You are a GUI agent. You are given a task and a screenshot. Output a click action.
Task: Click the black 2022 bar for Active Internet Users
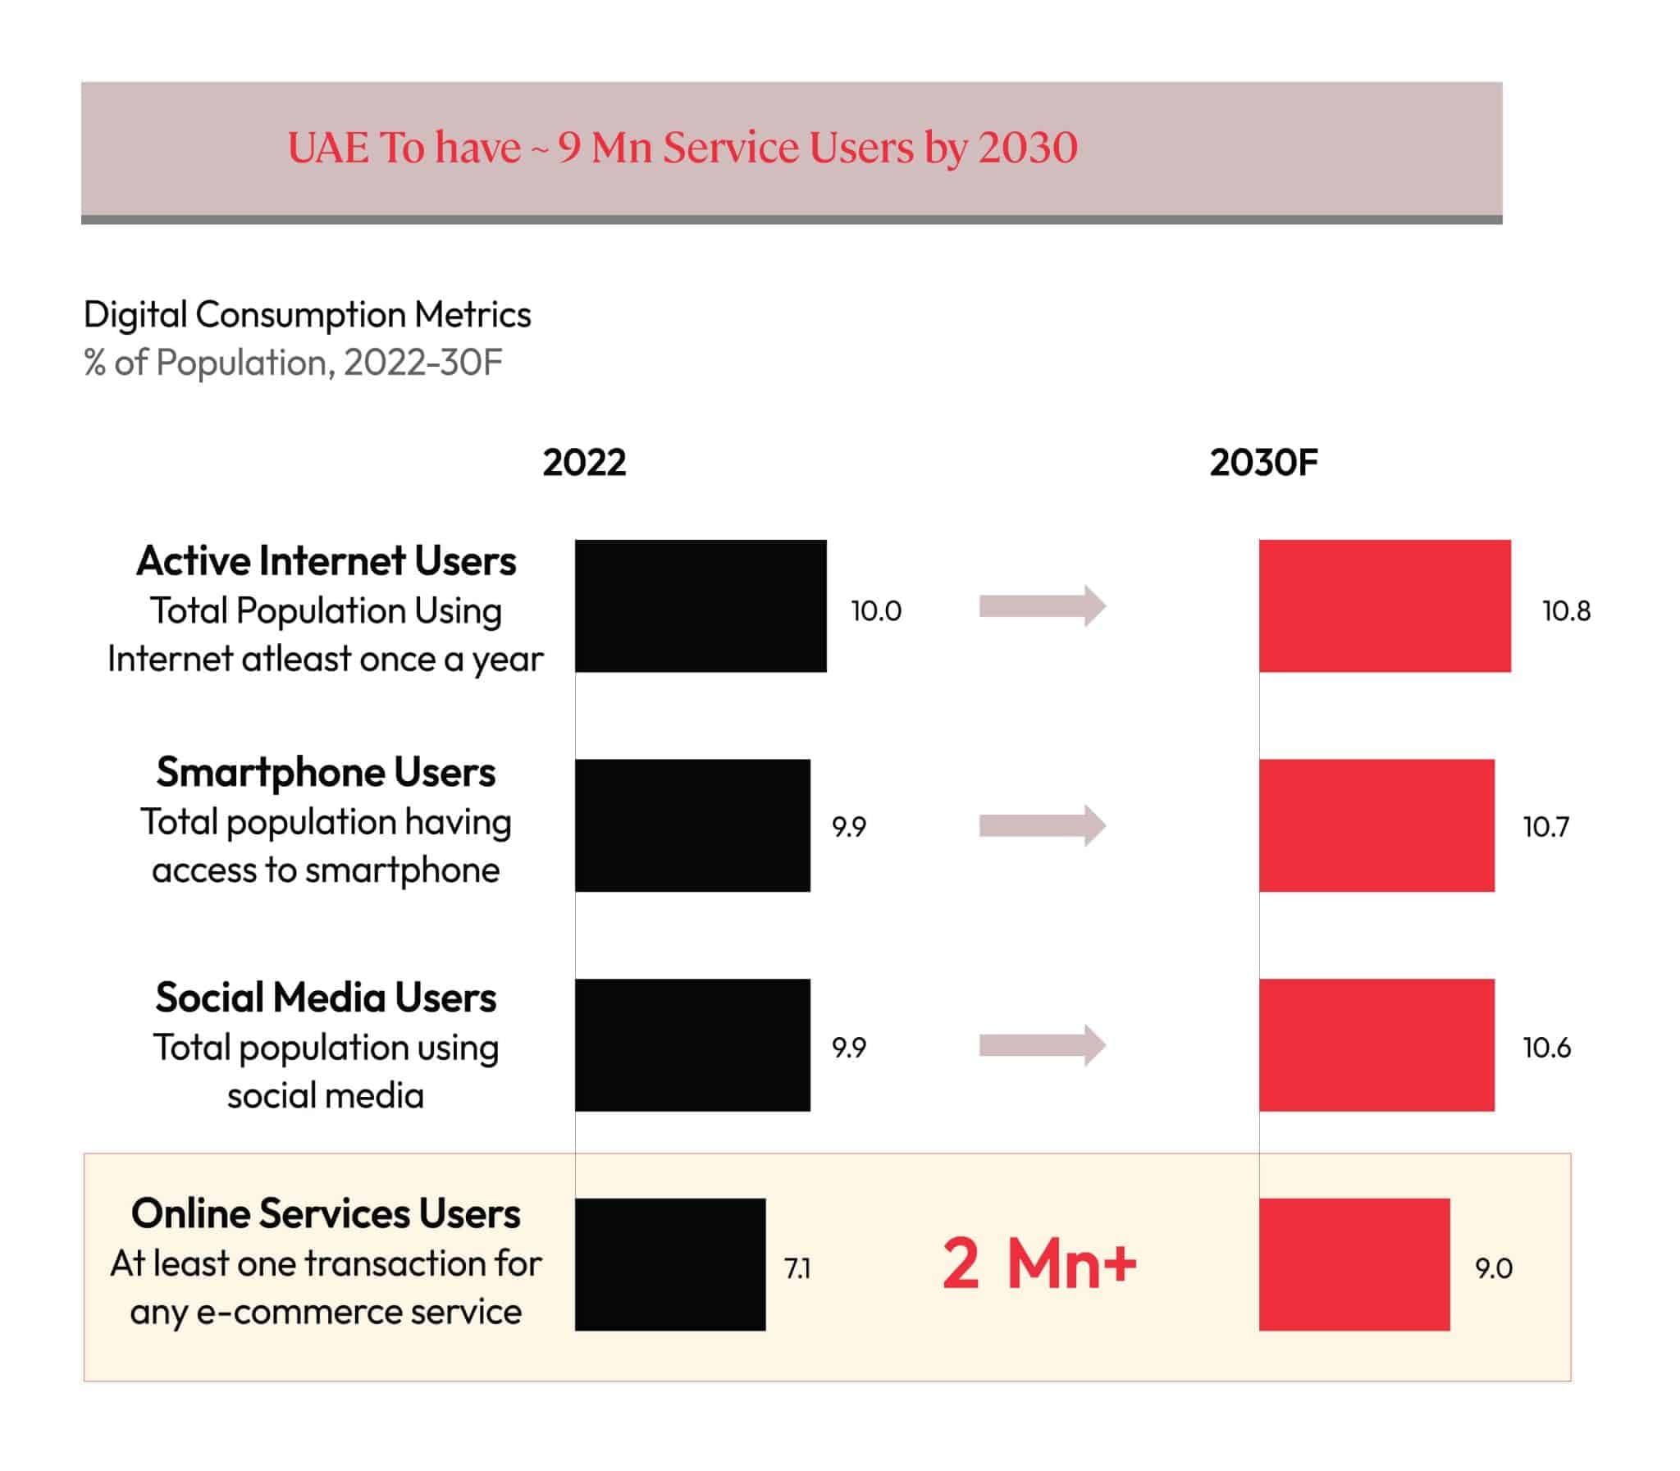click(700, 605)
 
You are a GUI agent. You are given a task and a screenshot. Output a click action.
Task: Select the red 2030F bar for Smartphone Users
click(1376, 825)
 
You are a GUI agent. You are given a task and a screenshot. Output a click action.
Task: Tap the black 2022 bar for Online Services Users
click(669, 1264)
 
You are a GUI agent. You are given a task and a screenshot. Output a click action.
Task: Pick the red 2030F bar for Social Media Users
click(1376, 1044)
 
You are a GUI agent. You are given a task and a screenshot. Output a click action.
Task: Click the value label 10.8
click(1566, 610)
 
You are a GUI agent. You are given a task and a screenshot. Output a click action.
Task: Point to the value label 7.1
click(797, 1268)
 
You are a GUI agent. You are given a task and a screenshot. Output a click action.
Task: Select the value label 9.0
click(1493, 1268)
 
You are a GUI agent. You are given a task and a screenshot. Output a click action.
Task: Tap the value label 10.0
click(876, 610)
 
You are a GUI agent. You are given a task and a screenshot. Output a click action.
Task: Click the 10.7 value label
click(1545, 827)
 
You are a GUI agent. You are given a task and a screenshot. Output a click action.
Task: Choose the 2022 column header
click(584, 462)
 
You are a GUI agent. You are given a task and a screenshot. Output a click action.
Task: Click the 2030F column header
click(1263, 462)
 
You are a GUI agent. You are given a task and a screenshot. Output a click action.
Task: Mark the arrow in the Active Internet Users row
click(1043, 605)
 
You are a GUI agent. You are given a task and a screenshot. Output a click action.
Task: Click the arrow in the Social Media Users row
click(1043, 1044)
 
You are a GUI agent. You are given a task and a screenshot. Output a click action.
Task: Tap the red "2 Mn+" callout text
click(1039, 1263)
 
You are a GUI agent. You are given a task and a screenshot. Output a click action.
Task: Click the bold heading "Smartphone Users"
click(326, 772)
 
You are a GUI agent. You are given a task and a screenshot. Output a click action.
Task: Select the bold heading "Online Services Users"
click(326, 1213)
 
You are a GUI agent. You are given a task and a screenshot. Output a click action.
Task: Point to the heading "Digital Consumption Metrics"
click(307, 314)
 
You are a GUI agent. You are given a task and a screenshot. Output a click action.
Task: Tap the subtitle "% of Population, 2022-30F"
click(292, 362)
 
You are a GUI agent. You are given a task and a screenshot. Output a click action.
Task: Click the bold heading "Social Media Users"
click(326, 998)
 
